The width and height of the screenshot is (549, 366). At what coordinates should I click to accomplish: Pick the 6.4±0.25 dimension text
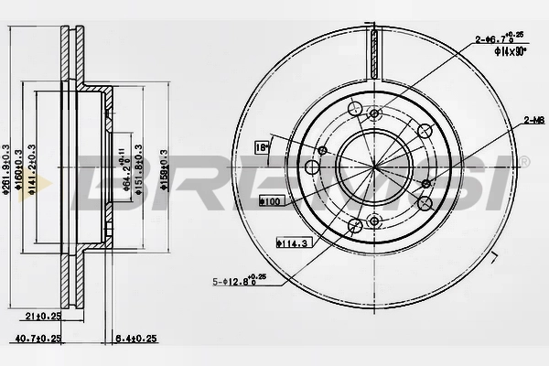(x=131, y=338)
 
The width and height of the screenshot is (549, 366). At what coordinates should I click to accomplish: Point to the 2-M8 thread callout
(x=533, y=119)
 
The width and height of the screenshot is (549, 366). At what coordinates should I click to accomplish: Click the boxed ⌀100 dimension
(x=271, y=199)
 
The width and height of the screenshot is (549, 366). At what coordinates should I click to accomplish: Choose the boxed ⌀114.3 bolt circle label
(x=290, y=242)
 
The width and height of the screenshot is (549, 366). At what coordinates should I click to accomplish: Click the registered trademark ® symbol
(x=524, y=160)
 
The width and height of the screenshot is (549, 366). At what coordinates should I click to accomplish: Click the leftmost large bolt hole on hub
(x=313, y=167)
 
